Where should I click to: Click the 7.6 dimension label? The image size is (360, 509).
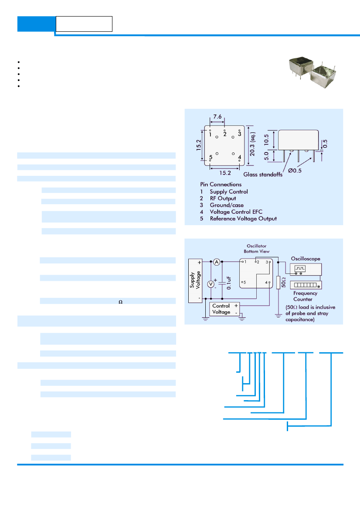click(217, 117)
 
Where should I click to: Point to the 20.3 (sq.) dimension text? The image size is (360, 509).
click(252, 144)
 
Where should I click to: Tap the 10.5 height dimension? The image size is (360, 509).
click(266, 140)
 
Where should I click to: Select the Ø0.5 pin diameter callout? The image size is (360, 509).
click(295, 170)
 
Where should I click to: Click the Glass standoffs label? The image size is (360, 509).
click(263, 174)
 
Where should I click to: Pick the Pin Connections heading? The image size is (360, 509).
click(221, 184)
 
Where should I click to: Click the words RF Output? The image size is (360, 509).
click(223, 199)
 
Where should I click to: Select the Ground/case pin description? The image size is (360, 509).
click(227, 205)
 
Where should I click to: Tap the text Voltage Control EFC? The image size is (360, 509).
click(236, 212)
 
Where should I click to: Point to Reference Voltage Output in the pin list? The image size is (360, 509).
click(243, 219)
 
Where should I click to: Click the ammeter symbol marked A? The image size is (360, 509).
click(217, 262)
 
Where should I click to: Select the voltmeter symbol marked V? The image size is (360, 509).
click(211, 284)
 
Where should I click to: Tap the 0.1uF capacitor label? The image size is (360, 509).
click(229, 283)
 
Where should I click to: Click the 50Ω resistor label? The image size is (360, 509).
click(283, 283)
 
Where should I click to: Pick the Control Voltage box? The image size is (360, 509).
click(224, 309)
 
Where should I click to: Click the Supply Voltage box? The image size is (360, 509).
click(195, 281)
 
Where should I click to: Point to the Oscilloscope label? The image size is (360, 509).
click(306, 259)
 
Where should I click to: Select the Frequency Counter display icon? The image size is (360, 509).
click(306, 285)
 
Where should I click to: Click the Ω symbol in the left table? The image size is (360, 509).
click(121, 302)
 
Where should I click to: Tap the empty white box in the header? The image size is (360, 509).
click(84, 24)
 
